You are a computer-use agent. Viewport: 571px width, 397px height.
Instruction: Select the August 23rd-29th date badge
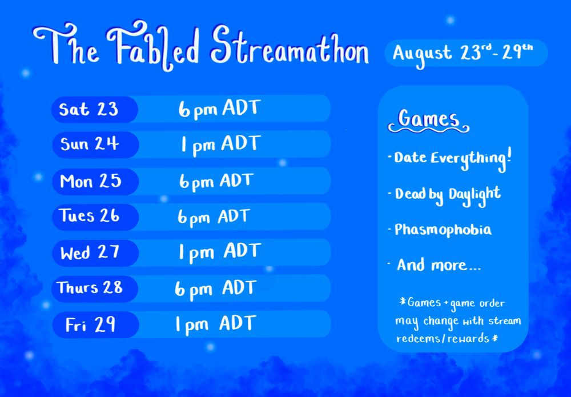[466, 53]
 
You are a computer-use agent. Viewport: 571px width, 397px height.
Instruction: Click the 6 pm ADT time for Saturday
[220, 109]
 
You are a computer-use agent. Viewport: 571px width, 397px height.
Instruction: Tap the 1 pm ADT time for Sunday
[220, 145]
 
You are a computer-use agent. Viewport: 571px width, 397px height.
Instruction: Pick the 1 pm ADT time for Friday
[216, 324]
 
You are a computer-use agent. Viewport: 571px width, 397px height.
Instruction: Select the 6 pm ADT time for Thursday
[216, 289]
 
